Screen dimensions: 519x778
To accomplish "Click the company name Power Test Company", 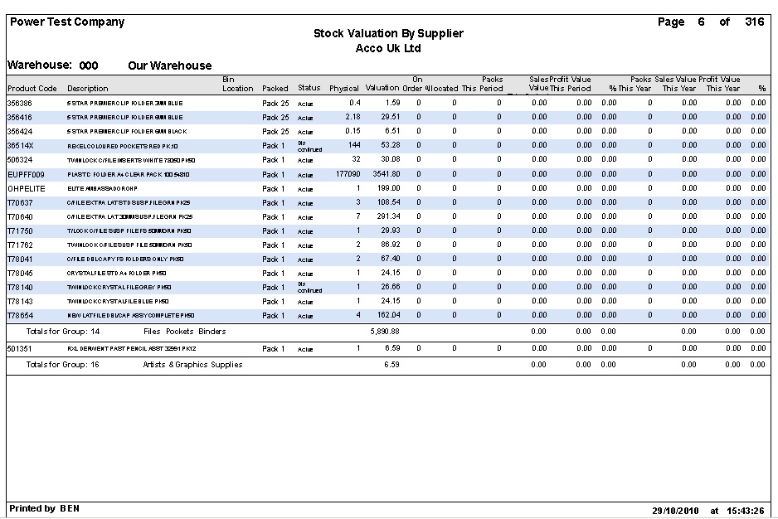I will click(x=66, y=22).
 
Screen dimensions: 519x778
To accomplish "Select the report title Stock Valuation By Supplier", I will click(x=388, y=34).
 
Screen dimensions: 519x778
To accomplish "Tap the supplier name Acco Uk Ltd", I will click(x=388, y=48).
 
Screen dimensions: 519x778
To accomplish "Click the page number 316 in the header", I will click(x=754, y=22).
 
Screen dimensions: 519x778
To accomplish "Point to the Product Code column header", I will click(x=32, y=89).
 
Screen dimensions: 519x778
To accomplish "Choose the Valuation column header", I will click(x=382, y=89).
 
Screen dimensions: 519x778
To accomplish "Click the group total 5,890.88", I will click(x=385, y=332).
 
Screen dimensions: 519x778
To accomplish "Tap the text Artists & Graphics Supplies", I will click(x=192, y=365).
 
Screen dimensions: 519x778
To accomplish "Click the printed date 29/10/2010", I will click(x=676, y=510).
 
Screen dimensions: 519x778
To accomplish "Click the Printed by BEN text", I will click(x=45, y=508).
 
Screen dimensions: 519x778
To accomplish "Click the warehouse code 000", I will click(x=89, y=65).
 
